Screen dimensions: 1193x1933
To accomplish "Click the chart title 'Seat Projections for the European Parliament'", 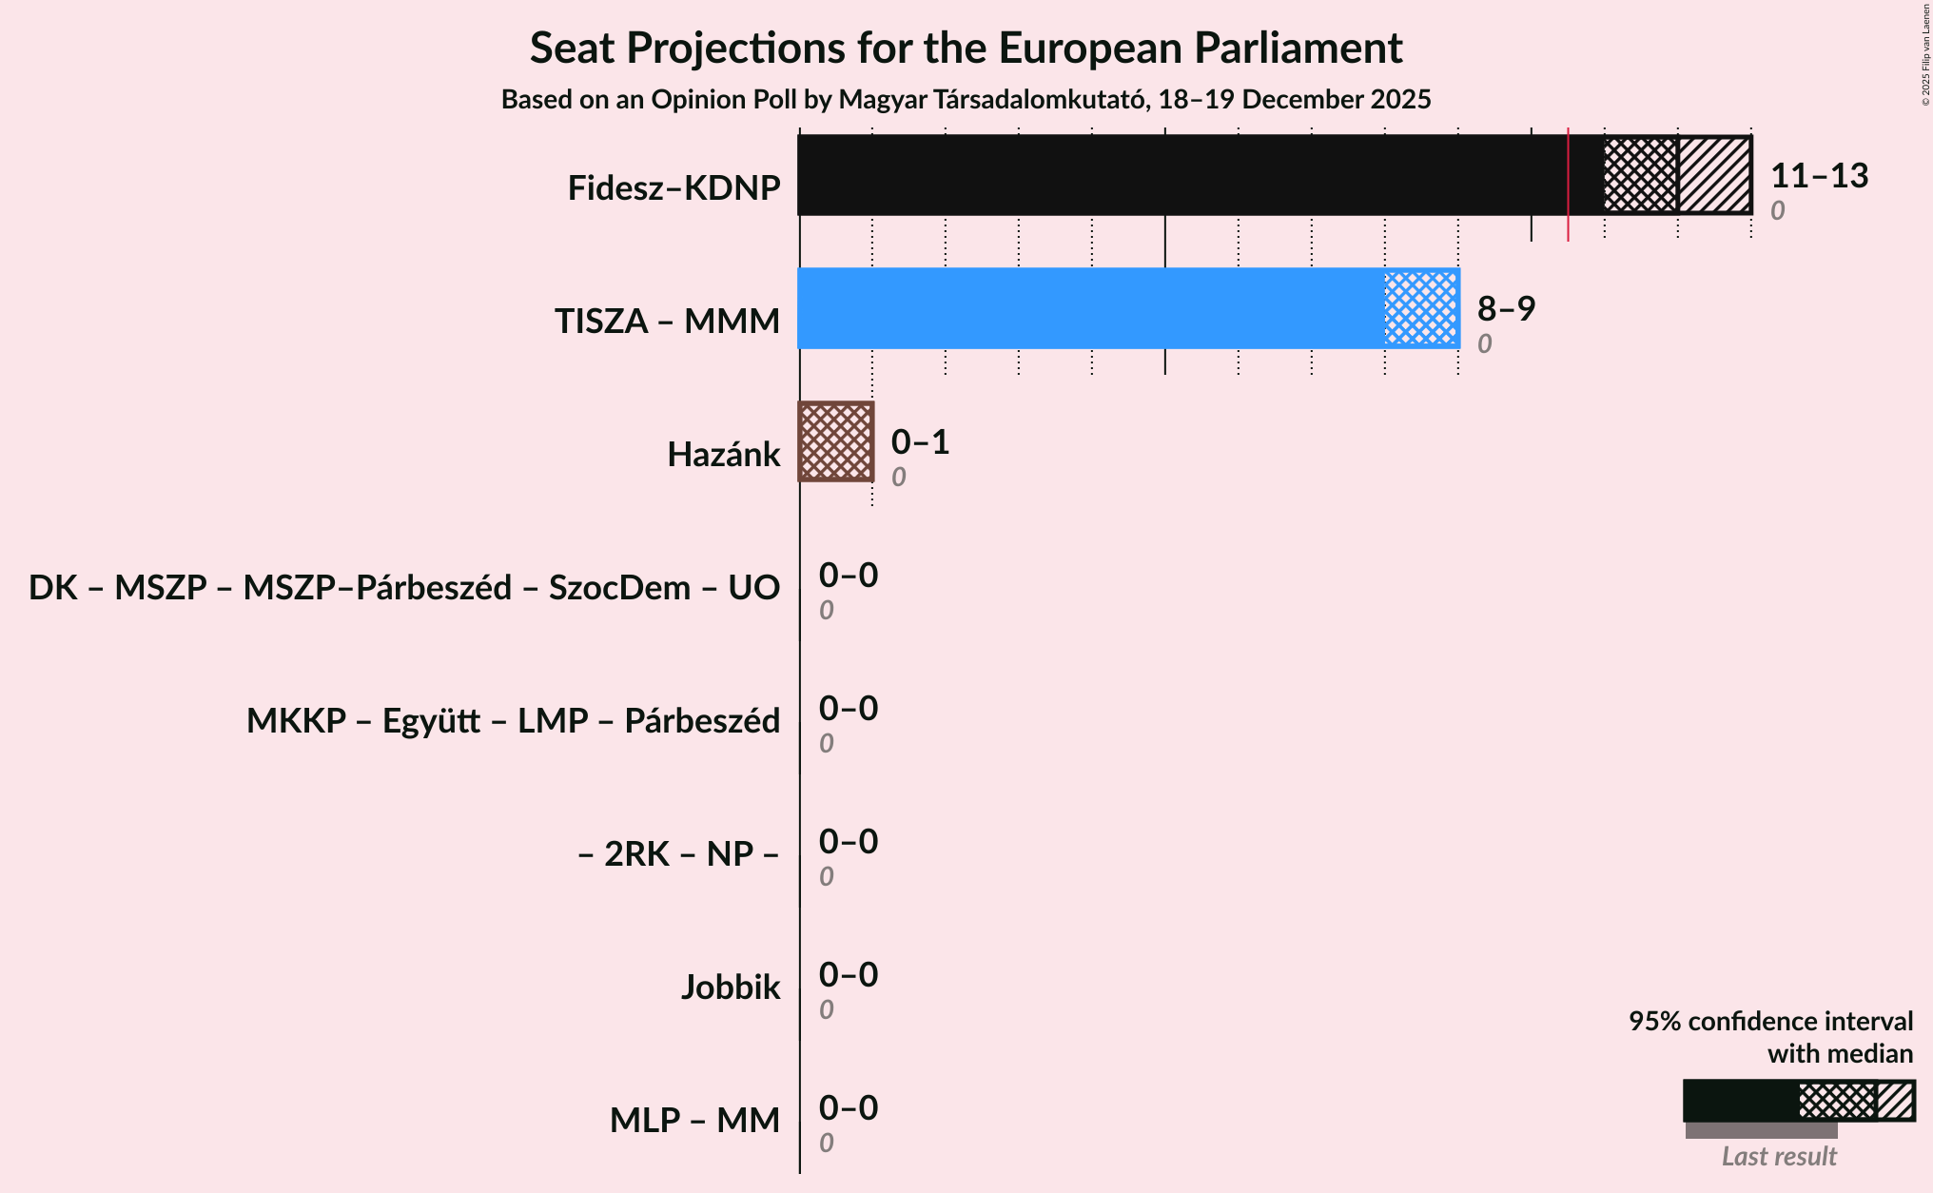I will pos(966,48).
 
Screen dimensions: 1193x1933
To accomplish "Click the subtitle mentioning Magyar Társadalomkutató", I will pos(966,100).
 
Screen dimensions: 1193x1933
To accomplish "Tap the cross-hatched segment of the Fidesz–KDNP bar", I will pos(1640,175).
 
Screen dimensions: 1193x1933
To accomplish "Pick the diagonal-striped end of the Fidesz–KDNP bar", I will pos(1714,175).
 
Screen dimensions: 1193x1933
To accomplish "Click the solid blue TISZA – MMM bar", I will pos(1090,308).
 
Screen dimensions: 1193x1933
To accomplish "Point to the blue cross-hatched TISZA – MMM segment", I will pos(1421,308).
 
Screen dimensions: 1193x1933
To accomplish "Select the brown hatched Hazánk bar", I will pos(835,441).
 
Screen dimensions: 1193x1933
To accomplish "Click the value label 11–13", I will pos(1819,176).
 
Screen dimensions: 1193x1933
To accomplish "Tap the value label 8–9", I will pos(1506,309).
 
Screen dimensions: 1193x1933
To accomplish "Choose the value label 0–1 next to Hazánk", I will pos(920,442).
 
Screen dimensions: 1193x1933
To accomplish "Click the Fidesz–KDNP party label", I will pos(674,188).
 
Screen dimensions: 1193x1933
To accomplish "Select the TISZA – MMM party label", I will pos(667,322).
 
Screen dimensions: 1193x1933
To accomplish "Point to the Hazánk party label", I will pos(723,455).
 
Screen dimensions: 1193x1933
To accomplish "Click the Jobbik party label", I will pos(730,988).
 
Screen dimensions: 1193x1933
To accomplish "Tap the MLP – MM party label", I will pos(694,1121).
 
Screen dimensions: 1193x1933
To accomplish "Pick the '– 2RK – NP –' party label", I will pos(678,854).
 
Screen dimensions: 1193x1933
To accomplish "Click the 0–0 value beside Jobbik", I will pos(849,975).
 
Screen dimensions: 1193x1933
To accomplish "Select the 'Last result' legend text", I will pos(1779,1157).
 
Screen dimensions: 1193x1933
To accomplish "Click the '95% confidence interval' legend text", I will pos(1770,1022).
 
